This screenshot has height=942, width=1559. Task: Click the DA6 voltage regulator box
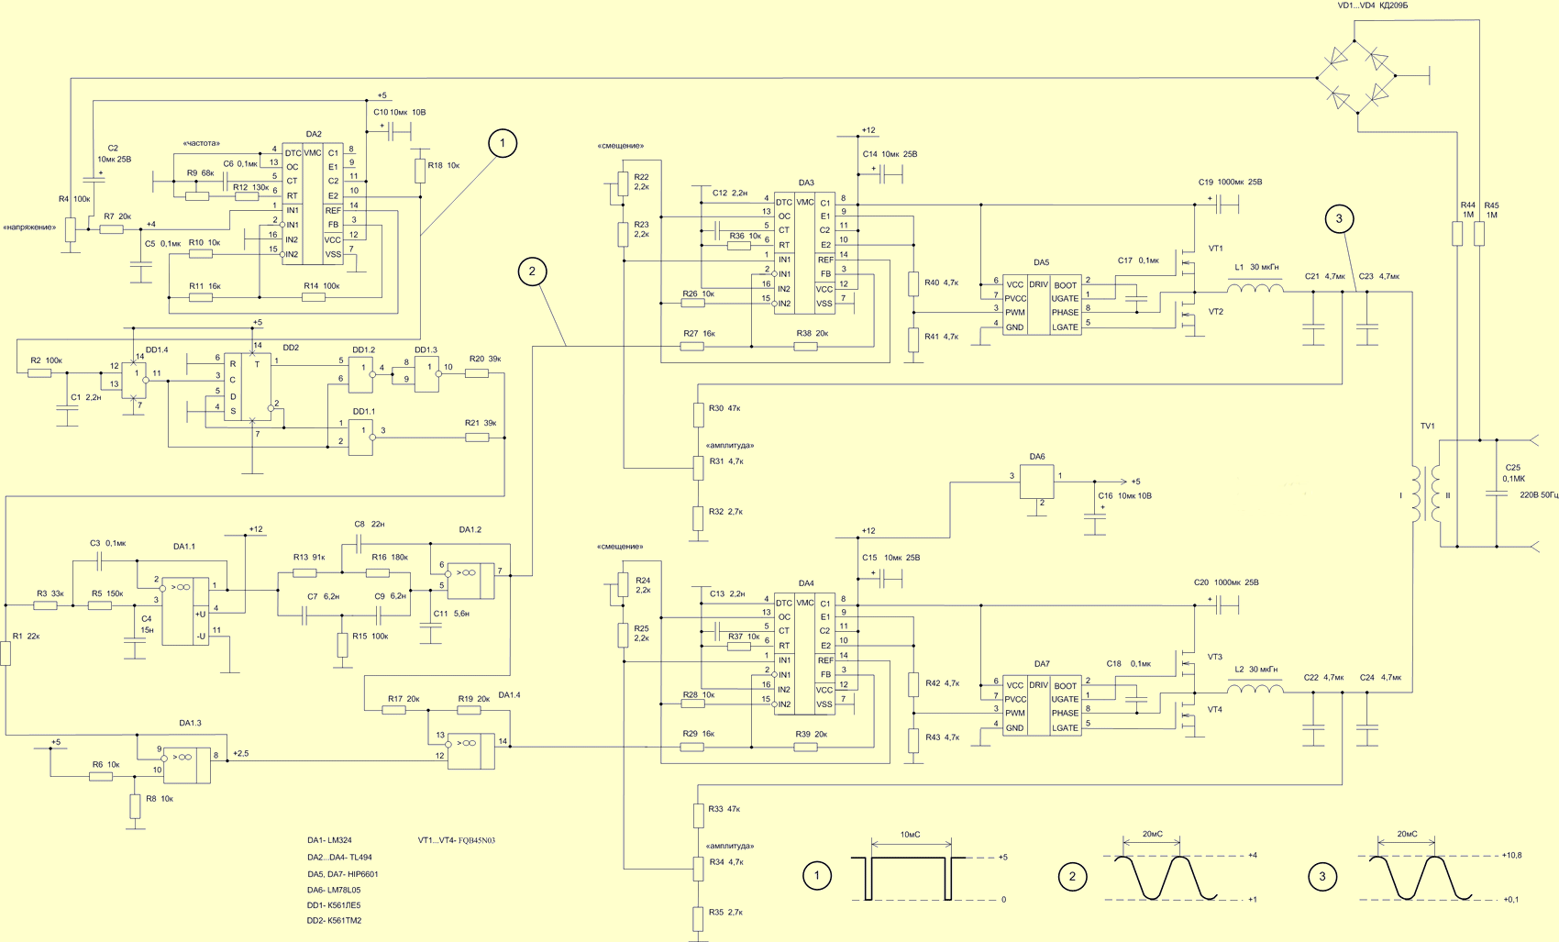pos(1037,482)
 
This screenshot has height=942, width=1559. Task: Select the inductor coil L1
pos(1255,287)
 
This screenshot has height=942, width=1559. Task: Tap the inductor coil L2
pos(1255,688)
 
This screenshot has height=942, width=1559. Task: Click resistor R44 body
pos(1457,233)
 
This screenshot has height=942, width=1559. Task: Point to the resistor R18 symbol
pos(420,172)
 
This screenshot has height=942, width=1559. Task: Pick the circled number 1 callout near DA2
pos(503,143)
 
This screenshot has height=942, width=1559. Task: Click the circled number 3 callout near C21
pos(1339,219)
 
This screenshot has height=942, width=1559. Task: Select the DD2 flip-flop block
pos(247,386)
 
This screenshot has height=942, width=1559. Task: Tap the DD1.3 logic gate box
pos(426,374)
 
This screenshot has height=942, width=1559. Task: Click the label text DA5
pos(1041,262)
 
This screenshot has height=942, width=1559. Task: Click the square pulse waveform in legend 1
pos(908,878)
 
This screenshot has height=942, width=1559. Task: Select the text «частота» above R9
pos(201,143)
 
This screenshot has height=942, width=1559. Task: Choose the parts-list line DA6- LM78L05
pos(334,890)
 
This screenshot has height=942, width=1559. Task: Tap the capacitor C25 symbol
pos(1497,493)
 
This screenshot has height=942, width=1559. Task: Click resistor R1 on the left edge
pos(6,654)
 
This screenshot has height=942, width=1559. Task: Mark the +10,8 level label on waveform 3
pos(1511,855)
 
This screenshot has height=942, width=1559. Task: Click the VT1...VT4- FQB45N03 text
pos(456,840)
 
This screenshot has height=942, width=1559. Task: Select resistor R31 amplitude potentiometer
pos(699,468)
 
